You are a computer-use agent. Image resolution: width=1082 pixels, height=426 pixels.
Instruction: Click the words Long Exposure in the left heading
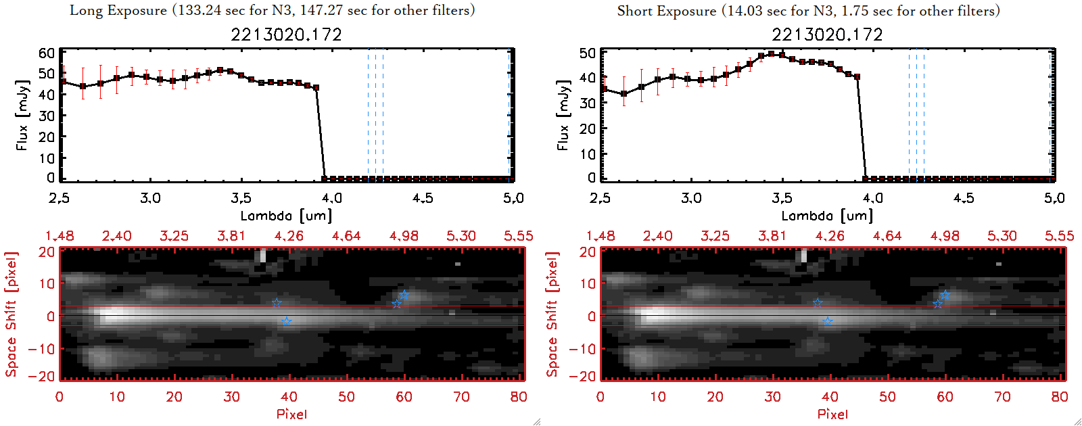pos(118,10)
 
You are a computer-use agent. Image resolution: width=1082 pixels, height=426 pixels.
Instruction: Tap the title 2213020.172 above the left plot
pos(286,34)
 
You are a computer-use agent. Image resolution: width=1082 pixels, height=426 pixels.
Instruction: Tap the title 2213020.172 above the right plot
pos(827,34)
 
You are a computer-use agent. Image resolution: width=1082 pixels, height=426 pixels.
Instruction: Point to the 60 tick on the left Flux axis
pos(47,53)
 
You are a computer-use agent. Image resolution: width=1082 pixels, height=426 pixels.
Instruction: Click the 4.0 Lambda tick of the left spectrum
pos(331,198)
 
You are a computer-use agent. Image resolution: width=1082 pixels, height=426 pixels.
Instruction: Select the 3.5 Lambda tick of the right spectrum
pos(782,198)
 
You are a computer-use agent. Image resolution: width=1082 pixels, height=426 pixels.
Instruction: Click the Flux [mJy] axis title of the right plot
pos(563,115)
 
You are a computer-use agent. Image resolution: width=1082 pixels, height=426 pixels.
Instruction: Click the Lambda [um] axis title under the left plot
pos(286,216)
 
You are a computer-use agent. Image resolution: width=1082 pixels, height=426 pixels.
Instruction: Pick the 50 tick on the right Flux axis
pos(588,53)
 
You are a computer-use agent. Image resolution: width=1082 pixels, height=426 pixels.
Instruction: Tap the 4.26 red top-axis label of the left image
pos(289,236)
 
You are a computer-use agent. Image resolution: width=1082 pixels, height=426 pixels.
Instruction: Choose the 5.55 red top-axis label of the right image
pos(1059,236)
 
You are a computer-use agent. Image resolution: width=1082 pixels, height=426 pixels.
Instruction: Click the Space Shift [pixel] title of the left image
pos(11,314)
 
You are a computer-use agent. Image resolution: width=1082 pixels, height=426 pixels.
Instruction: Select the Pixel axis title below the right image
pos(832,414)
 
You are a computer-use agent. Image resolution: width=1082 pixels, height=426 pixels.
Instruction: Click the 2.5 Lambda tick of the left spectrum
pos(60,198)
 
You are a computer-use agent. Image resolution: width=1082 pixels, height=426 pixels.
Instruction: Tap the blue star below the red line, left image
pos(287,322)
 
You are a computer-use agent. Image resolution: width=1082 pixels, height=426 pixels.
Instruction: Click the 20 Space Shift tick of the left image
pos(47,252)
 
